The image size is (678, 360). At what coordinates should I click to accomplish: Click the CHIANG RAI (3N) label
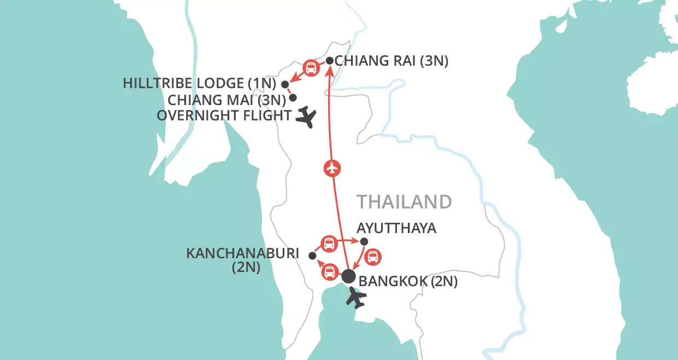click(391, 61)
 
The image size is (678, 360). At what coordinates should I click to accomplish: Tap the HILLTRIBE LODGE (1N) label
click(200, 84)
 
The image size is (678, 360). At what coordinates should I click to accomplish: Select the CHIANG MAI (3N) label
click(227, 100)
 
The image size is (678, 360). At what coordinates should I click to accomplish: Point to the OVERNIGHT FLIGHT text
click(224, 115)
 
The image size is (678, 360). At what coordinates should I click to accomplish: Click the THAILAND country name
click(405, 202)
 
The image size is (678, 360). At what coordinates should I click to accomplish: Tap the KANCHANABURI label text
click(243, 254)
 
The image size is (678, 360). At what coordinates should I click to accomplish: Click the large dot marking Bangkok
click(348, 277)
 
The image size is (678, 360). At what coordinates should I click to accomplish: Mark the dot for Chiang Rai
click(330, 61)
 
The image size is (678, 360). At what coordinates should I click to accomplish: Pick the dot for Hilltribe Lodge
click(284, 84)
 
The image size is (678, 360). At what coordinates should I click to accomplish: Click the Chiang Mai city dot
click(293, 98)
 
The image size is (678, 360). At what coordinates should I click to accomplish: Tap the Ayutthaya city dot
click(365, 242)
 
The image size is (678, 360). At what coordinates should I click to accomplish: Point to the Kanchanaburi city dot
click(312, 256)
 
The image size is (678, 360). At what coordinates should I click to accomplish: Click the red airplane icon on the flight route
click(332, 169)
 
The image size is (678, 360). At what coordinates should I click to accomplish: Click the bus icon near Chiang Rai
click(311, 68)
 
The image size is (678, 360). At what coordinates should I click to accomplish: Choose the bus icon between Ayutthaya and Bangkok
click(372, 257)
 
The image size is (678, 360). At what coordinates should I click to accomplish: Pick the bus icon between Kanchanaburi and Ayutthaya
click(329, 243)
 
